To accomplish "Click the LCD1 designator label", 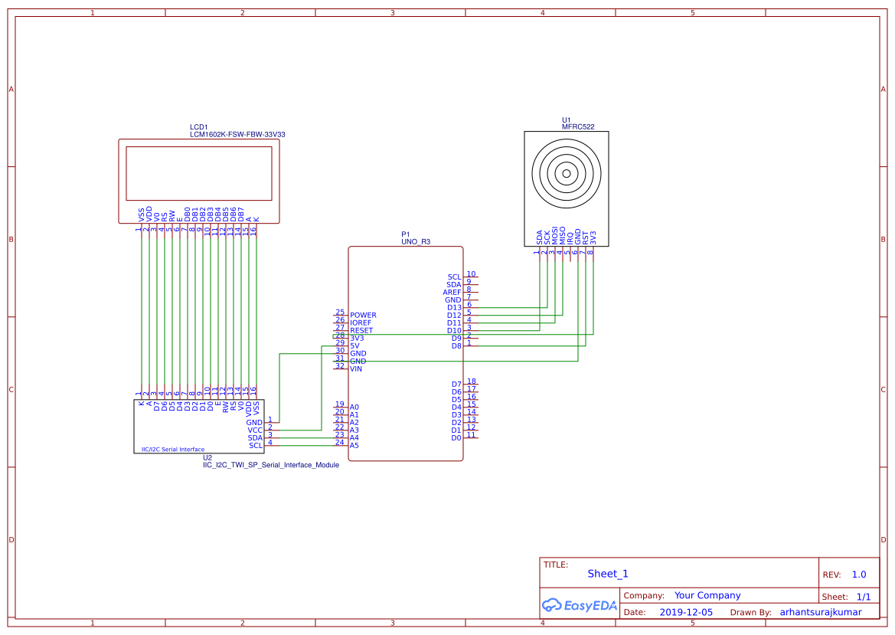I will click(198, 126).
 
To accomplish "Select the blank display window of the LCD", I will click(199, 172).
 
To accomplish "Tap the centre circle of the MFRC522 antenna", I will click(567, 174).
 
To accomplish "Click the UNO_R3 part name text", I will click(416, 241).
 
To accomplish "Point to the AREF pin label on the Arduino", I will click(452, 293).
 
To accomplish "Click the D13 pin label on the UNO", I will click(454, 308).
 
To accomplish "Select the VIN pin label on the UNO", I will click(356, 369).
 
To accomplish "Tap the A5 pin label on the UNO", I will click(354, 446).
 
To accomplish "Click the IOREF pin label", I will click(361, 323).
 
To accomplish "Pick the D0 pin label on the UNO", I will click(456, 438).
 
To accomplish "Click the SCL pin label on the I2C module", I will click(256, 446).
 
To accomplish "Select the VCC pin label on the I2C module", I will click(255, 430).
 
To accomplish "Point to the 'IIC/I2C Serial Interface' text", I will click(173, 450).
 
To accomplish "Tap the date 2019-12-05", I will click(686, 613).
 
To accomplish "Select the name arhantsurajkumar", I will click(820, 613).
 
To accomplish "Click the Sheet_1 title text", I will click(608, 574).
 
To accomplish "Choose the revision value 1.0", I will click(859, 574).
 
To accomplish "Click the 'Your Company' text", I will click(707, 595).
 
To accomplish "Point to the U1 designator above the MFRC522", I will click(567, 119).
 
